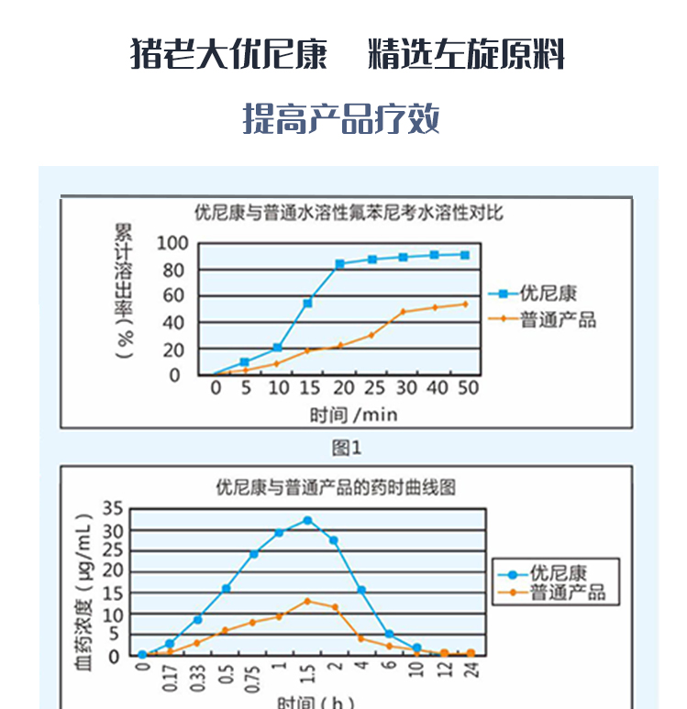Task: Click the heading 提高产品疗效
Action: point(341,119)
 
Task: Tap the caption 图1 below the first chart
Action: point(348,448)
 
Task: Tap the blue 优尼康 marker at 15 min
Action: point(308,303)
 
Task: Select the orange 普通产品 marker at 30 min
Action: point(404,312)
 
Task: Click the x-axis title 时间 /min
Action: point(354,415)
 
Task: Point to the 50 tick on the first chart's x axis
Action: point(468,388)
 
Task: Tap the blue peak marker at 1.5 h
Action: point(307,520)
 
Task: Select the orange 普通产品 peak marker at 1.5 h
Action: point(307,602)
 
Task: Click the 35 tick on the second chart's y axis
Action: point(112,510)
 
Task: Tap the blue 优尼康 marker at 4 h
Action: point(361,590)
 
